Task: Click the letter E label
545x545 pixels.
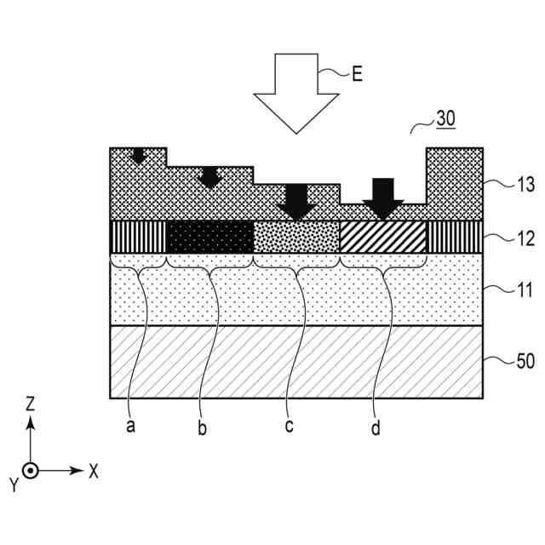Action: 357,74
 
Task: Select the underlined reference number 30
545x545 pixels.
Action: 445,119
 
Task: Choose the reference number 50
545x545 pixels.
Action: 502,361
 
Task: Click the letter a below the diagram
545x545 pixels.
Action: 130,427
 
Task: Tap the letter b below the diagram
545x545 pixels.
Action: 202,427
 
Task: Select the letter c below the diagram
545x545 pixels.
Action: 290,427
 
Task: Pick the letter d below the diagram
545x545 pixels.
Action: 376,427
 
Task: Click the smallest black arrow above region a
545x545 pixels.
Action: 138,156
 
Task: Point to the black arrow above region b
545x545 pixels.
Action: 209,177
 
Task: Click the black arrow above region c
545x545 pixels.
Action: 296,201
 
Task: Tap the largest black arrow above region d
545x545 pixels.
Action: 383,198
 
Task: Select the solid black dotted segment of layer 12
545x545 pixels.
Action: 211,236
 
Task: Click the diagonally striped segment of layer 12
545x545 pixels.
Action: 382,236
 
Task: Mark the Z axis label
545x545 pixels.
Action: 30,404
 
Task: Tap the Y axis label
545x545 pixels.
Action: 14,485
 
